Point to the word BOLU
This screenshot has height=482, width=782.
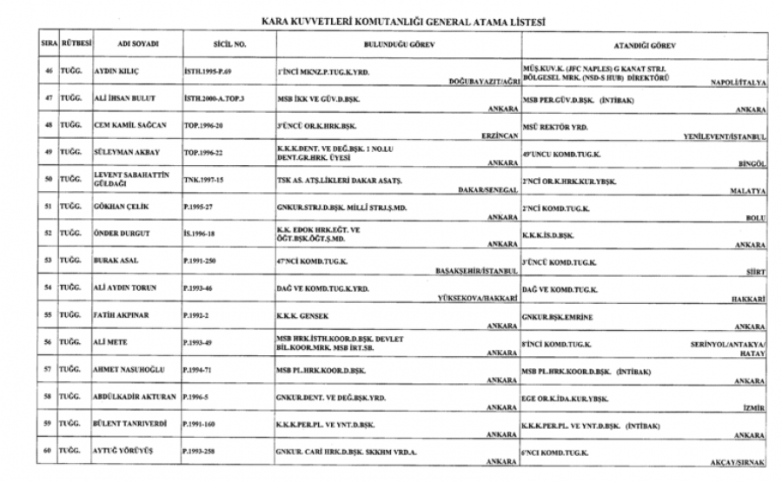click(754, 221)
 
